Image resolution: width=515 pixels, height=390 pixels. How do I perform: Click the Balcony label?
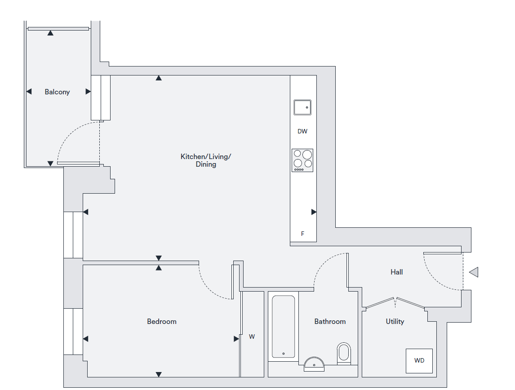click(57, 92)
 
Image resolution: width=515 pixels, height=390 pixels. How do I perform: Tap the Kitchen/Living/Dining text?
click(206, 160)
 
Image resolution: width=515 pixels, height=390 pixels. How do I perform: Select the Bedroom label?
click(162, 321)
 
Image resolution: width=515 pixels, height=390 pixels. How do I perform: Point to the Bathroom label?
click(330, 321)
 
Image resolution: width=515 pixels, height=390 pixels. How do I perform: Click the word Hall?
click(396, 272)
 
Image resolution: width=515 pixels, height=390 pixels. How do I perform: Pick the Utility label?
click(395, 321)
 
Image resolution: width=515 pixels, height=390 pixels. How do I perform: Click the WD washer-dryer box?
click(419, 361)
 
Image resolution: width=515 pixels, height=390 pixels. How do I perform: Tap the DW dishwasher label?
click(302, 131)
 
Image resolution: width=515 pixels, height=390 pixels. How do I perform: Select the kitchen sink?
click(302, 107)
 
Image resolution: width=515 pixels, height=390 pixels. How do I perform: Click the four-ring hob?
click(302, 160)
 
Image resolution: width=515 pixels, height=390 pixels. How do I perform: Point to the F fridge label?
click(302, 234)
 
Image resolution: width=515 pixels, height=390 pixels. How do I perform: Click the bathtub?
click(284, 326)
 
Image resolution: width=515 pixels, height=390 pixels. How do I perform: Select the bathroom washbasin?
click(314, 364)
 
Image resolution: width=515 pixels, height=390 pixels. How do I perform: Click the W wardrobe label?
click(252, 337)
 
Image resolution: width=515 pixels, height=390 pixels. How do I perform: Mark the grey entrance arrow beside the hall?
click(474, 272)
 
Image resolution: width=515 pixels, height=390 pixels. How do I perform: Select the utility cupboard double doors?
click(395, 303)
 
